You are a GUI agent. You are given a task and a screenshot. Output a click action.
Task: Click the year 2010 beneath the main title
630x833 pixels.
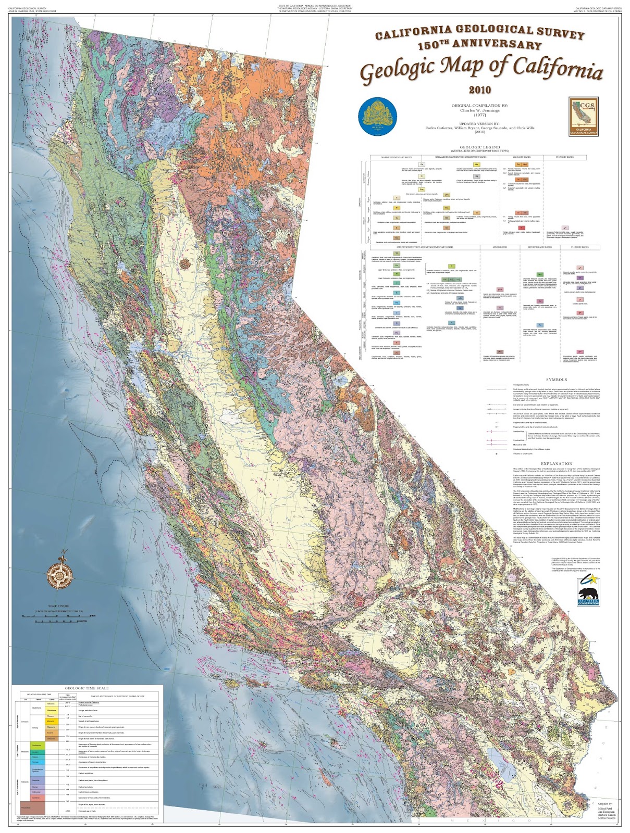tap(479, 90)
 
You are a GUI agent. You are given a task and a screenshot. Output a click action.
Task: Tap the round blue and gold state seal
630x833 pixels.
tap(378, 116)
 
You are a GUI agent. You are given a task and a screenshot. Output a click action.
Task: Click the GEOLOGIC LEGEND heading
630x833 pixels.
tap(479, 147)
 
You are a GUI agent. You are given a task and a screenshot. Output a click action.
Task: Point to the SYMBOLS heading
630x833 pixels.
tap(557, 380)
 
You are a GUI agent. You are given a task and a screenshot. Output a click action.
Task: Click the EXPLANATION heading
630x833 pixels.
tap(557, 463)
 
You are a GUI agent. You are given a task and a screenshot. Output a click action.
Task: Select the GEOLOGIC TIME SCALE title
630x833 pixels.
tap(87, 688)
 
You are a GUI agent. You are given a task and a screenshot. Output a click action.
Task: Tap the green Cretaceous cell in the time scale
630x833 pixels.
tap(36, 746)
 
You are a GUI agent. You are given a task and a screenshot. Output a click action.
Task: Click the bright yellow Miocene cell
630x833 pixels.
tap(51, 721)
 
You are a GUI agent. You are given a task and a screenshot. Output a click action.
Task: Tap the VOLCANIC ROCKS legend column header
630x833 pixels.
tap(520, 157)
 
